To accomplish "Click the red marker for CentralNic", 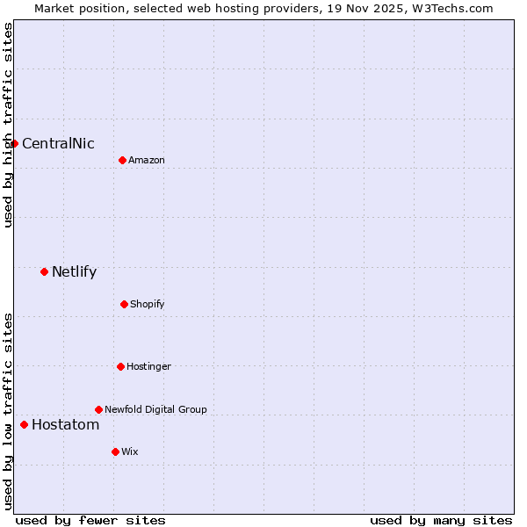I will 15,143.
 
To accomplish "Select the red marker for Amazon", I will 122,160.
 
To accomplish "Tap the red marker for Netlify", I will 44,271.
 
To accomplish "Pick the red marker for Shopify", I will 124,304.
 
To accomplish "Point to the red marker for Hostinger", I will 120,366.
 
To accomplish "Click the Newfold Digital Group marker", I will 98,409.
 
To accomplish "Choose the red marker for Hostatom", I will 24,425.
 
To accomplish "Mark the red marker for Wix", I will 115,451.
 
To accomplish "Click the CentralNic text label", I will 58,144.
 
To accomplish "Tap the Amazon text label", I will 147,161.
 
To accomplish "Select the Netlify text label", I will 74,272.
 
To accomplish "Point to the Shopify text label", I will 148,305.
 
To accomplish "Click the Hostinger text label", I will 148,367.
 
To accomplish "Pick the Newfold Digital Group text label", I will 155,410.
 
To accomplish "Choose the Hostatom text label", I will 65,425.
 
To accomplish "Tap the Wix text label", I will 130,452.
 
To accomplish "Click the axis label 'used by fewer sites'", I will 90,520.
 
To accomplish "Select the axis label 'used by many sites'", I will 441,520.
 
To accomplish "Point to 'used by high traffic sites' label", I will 8,125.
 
